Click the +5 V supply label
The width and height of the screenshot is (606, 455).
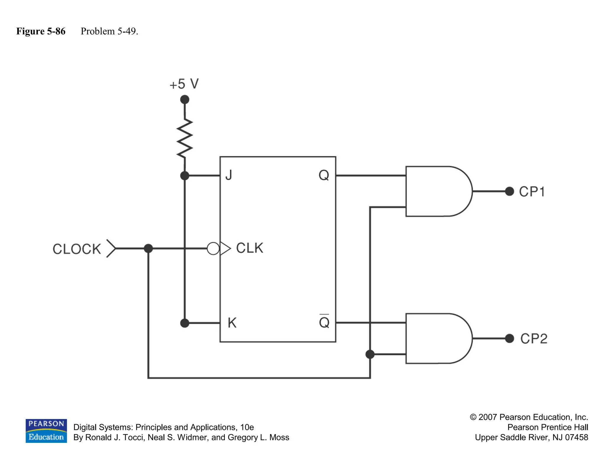coord(184,84)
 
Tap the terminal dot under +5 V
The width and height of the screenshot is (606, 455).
coord(185,100)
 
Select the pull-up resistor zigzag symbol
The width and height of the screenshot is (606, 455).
coord(185,138)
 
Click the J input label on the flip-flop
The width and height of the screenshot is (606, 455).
coord(229,175)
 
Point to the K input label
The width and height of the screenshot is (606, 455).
coord(232,323)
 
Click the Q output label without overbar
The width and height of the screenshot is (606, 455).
coord(324,175)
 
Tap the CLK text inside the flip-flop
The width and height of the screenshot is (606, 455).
coord(249,248)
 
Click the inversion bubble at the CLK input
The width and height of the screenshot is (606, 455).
coord(213,249)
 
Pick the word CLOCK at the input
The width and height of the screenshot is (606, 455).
coord(77,249)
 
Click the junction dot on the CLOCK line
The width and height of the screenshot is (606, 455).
coord(148,249)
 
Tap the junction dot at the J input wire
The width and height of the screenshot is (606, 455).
coord(185,176)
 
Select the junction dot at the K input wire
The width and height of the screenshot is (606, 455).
coord(185,323)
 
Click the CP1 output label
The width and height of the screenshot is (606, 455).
coord(532,192)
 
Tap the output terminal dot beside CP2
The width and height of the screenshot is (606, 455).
coord(510,338)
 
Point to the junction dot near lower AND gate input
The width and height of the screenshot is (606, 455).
coord(370,354)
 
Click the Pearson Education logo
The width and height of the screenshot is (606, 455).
coord(46,431)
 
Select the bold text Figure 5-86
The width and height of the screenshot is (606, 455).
coord(41,31)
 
